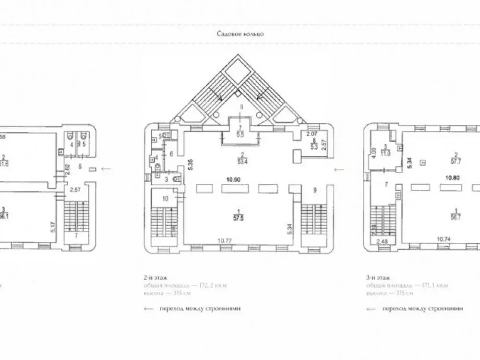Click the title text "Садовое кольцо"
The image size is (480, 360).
240,34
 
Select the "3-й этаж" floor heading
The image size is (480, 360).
377,277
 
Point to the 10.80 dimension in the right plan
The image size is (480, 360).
449,177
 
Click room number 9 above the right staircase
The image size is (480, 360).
315,190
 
